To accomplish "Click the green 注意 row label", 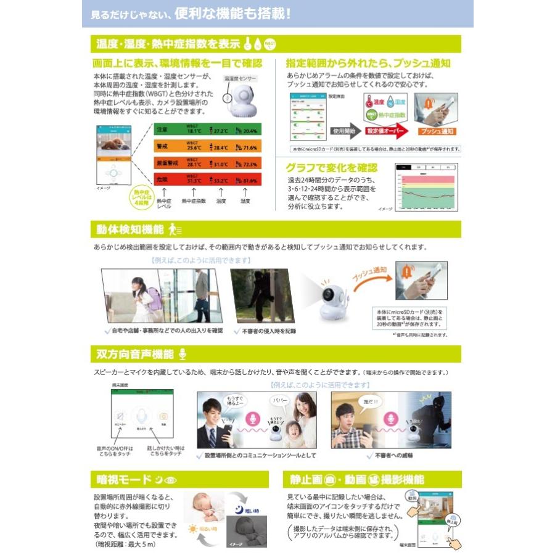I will pos(162,131).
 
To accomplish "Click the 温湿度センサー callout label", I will pos(239,79).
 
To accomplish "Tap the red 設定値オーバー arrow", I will pos(385,131).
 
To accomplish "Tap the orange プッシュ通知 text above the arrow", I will pos(370,273).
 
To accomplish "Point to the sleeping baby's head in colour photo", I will pos(202,501).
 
